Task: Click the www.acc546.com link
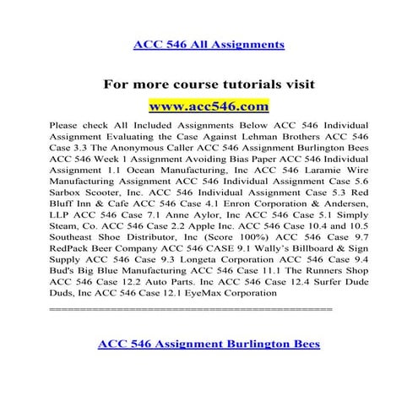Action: (209, 106)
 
